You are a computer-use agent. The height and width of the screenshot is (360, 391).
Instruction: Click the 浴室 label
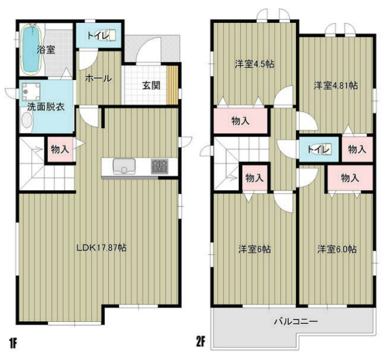click(46, 50)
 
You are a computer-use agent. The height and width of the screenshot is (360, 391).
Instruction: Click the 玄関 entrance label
click(151, 85)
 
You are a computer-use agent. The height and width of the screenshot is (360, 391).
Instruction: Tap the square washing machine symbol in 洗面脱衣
click(29, 92)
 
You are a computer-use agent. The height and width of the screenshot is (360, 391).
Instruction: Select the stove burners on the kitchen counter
click(159, 166)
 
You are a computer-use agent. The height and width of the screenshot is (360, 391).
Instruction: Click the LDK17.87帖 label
click(101, 247)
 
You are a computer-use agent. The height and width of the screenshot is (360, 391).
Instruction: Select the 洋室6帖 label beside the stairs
click(253, 248)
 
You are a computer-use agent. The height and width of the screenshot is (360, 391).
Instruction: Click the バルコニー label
click(296, 321)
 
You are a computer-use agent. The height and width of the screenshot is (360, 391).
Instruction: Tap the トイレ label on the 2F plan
click(317, 148)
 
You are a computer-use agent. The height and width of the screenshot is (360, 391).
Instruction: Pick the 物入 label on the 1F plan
click(58, 148)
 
